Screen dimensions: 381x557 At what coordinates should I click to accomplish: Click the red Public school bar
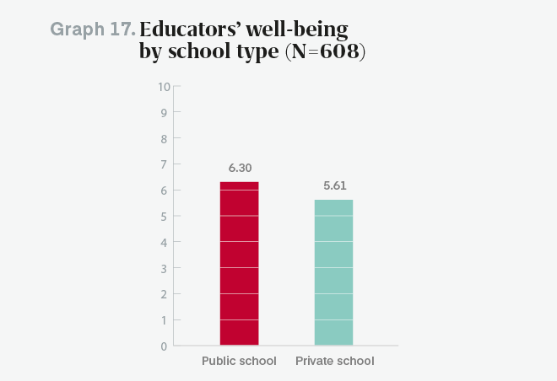[x=239, y=263]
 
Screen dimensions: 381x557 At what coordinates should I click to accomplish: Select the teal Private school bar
[x=333, y=272]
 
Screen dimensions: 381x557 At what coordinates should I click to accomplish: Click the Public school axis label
[x=239, y=362]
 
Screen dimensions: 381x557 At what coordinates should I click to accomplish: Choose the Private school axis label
[x=334, y=362]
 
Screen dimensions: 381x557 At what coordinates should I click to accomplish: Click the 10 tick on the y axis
[x=164, y=86]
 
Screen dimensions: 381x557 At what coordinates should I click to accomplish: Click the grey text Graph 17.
[x=93, y=30]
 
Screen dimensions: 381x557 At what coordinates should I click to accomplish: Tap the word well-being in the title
[x=296, y=30]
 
